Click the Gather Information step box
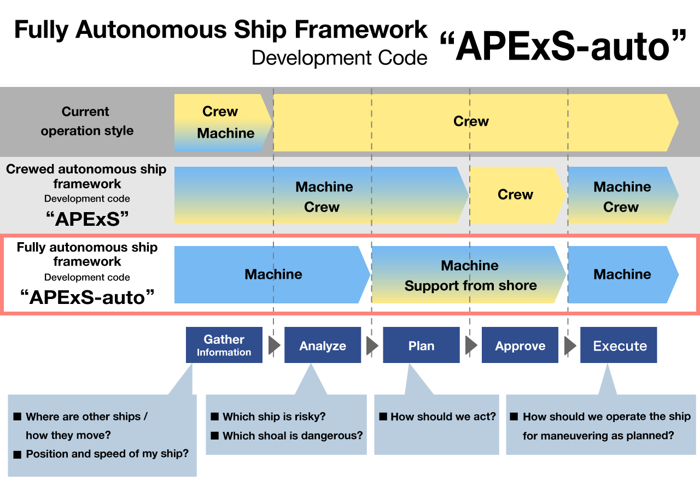click(224, 345)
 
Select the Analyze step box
click(323, 345)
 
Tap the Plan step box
click(421, 345)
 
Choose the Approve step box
click(520, 345)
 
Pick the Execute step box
click(619, 345)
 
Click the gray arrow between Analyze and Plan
click(372, 345)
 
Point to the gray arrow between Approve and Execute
click(570, 345)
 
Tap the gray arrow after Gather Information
click(274, 345)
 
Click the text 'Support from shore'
click(471, 285)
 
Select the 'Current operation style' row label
click(87, 121)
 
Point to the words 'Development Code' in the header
click(340, 58)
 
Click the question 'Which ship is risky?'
click(274, 417)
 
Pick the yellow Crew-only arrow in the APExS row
click(518, 195)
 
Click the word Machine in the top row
click(226, 133)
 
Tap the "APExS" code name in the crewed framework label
click(87, 219)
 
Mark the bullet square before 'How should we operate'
click(514, 417)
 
